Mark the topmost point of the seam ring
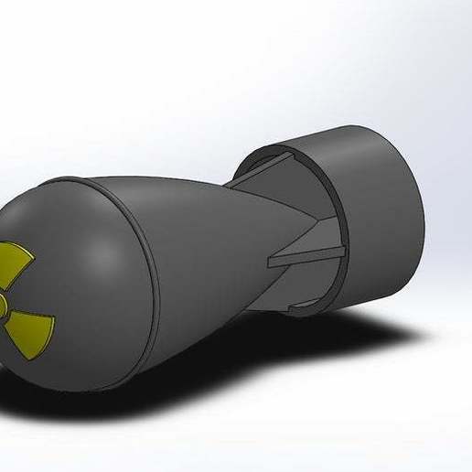(x=91, y=180)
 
